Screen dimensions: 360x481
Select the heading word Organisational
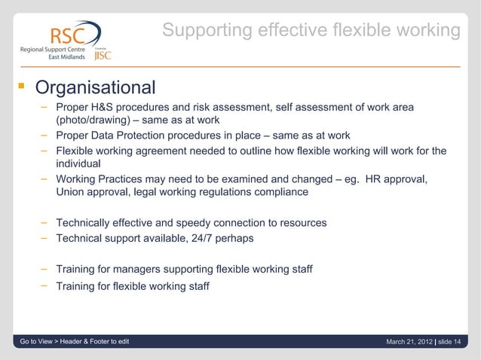click(96, 88)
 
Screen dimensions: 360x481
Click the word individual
click(78, 164)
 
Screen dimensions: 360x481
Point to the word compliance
click(282, 192)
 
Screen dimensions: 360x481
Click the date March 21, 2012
click(409, 343)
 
